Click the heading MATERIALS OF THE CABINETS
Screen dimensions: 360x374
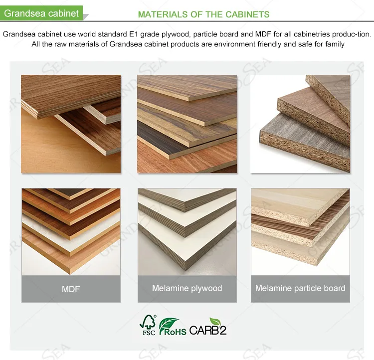(203, 14)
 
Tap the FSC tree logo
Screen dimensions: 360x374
(148, 325)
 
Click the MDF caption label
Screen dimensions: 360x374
(70, 289)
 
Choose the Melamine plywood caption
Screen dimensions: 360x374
(187, 288)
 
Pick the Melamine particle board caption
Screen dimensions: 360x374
(300, 288)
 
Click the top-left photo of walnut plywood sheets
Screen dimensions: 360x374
(71, 124)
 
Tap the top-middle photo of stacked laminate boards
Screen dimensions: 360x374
(187, 124)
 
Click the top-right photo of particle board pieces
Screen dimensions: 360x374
(300, 124)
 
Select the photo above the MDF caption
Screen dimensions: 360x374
(71, 231)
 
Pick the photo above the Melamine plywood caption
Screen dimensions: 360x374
(187, 231)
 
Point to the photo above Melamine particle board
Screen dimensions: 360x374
(300, 231)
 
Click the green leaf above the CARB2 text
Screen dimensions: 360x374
(216, 321)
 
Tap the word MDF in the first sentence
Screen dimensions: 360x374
(262, 34)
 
